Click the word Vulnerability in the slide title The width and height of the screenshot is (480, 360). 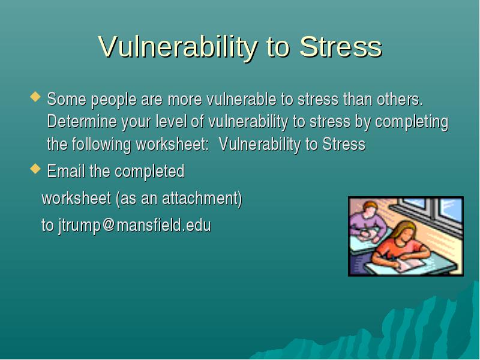(x=178, y=47)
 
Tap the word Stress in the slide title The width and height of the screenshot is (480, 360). (x=341, y=46)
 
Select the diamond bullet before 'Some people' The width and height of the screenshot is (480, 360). (x=35, y=97)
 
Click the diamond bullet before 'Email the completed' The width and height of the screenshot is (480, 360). (x=35, y=169)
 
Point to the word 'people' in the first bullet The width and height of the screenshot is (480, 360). (x=113, y=100)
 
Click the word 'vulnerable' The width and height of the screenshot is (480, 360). (x=242, y=99)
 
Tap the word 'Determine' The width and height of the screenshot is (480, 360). (x=82, y=121)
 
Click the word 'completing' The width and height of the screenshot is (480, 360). (x=412, y=122)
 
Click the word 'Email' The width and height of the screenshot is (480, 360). (x=66, y=170)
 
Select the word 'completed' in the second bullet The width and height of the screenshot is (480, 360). (x=149, y=172)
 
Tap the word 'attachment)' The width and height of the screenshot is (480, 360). (x=202, y=199)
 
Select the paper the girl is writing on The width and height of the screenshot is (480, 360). (x=410, y=265)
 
